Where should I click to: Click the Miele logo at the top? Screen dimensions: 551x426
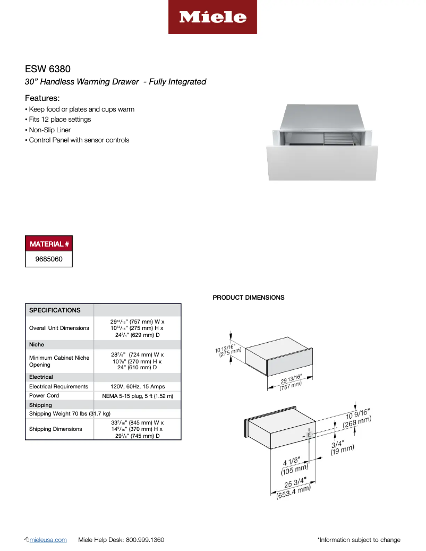tap(212, 17)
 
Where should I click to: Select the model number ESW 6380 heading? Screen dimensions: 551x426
tap(48, 69)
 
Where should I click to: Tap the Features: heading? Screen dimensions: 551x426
tap(42, 98)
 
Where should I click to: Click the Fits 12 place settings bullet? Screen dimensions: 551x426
tap(58, 120)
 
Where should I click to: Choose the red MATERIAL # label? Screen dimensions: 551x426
tap(49, 244)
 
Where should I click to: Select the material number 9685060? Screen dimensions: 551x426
tap(49, 259)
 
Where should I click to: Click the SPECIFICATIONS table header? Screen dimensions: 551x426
tap(55, 310)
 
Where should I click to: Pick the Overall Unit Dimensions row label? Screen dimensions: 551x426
tap(59, 328)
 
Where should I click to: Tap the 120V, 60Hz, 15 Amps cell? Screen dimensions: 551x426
tap(138, 386)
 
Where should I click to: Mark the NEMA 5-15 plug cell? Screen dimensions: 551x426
tap(138, 396)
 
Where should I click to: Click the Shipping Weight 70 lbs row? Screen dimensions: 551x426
tap(70, 413)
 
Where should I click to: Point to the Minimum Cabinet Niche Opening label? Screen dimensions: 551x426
tap(59, 361)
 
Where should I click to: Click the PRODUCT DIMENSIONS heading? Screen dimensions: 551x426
tap(249, 298)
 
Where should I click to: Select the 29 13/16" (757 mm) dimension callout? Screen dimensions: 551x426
tap(291, 382)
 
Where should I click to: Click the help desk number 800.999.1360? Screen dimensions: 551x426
tap(145, 540)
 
